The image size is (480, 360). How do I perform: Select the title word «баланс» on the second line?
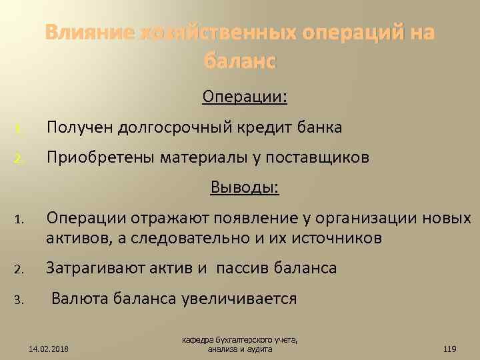[x=239, y=62]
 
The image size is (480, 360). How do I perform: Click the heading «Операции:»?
[x=245, y=97]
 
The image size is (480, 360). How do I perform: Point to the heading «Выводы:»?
[x=245, y=187]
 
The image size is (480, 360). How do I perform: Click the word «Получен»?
[x=78, y=127]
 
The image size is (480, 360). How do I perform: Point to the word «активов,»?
[x=76, y=238]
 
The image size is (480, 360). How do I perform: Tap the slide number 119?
[x=449, y=348]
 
